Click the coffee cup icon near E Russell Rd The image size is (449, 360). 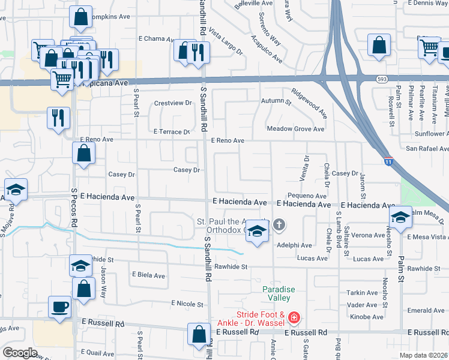point(60,308)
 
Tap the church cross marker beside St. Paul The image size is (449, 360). point(279,226)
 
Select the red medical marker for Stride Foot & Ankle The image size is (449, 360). point(294,317)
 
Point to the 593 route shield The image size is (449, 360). point(382,78)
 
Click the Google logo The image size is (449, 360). point(20,353)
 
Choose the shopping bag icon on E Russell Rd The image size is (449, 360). point(199,335)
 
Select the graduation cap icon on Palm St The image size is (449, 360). point(400,217)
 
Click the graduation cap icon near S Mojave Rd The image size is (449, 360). point(16,190)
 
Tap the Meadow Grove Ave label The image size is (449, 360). point(295,129)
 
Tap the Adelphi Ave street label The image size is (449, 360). point(294,245)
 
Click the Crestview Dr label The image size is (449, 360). point(173,103)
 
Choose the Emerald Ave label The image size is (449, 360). point(426,311)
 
